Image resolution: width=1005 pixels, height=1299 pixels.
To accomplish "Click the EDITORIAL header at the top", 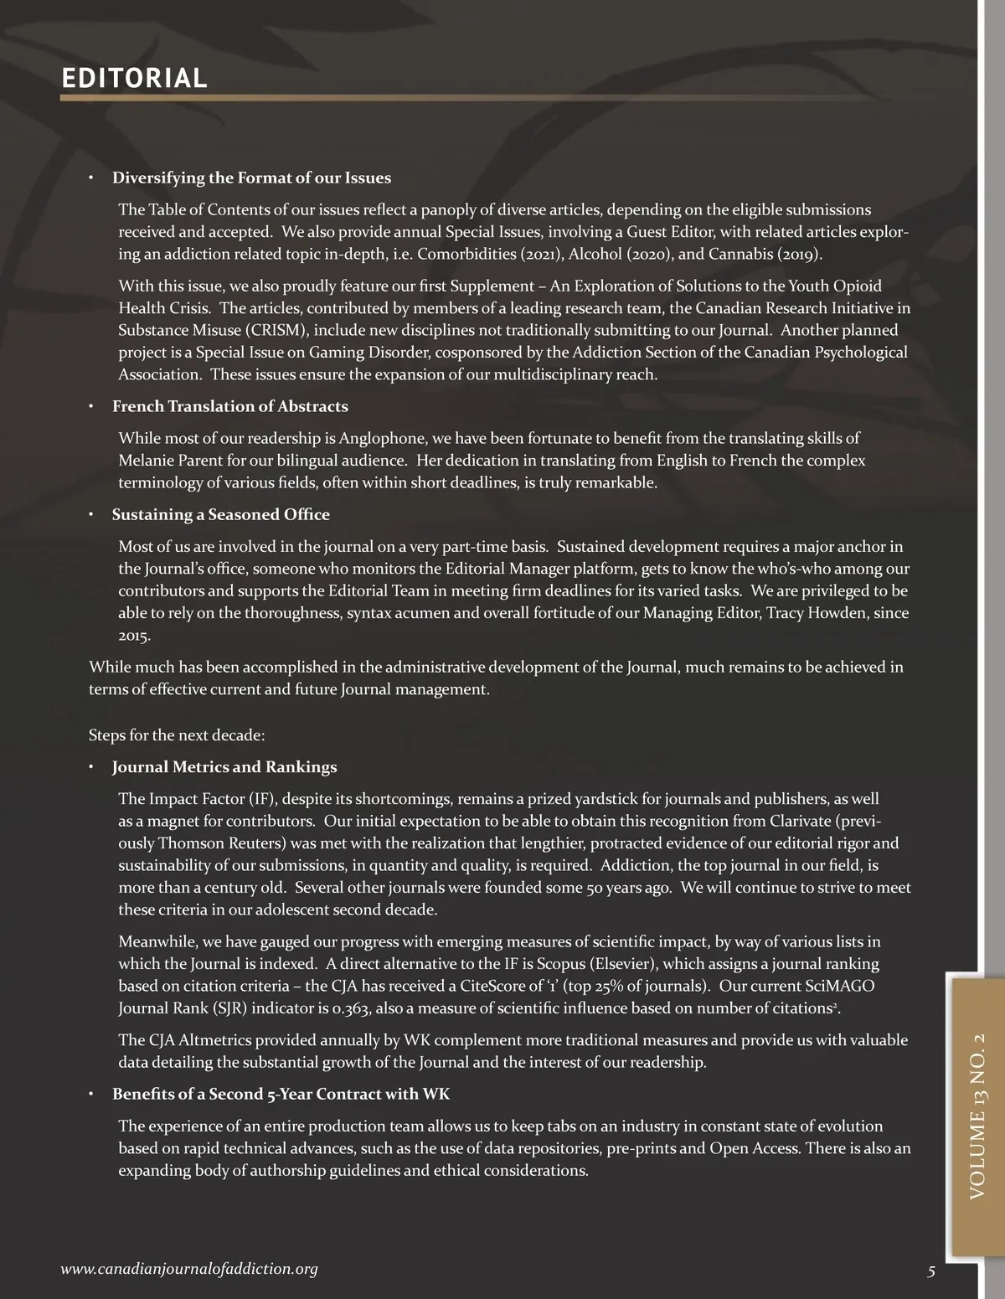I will (x=134, y=79).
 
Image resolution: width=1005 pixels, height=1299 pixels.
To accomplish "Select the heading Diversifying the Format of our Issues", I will (x=251, y=178).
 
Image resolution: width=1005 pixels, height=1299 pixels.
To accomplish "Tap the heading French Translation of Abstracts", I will (x=230, y=407).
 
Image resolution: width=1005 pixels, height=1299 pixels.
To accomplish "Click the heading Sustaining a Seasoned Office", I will (x=221, y=515).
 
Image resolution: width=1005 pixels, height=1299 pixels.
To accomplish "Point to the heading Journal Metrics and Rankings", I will (x=224, y=767).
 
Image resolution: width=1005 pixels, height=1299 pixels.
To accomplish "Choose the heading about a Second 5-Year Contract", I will (x=281, y=1095).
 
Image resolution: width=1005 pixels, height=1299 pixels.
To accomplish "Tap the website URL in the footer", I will (x=189, y=1270).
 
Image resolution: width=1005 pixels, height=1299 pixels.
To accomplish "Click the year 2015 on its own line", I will (x=134, y=636).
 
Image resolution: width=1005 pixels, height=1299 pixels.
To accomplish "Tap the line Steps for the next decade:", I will (x=177, y=735).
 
